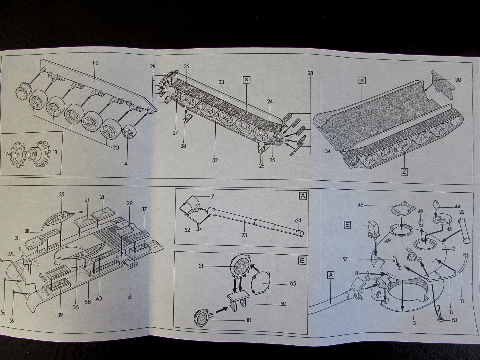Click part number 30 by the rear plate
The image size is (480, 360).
[x=458, y=80]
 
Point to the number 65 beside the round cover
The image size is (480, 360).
[x=284, y=283]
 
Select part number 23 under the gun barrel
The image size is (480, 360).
[x=244, y=235]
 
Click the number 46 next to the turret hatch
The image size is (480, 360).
[x=360, y=205]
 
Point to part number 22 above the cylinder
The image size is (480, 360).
[x=462, y=212]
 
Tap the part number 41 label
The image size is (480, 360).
[x=130, y=297]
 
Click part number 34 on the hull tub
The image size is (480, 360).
[x=327, y=151]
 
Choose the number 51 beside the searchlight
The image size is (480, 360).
[x=202, y=265]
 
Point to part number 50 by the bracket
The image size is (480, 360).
[x=283, y=304]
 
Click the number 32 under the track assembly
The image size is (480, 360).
[x=215, y=160]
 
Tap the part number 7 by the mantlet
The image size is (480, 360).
[x=213, y=196]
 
